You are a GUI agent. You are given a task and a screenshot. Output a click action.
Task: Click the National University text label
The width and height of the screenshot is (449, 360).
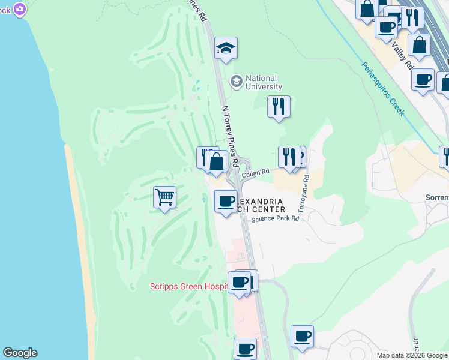[261, 82]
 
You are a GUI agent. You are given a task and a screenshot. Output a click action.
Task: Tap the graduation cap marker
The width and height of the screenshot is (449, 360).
[226, 49]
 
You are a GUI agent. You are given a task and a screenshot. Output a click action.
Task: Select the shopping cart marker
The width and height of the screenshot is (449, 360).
[164, 197]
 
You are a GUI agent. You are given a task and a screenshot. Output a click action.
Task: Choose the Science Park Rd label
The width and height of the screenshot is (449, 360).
[275, 219]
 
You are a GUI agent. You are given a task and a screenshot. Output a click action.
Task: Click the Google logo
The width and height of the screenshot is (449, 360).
[20, 353]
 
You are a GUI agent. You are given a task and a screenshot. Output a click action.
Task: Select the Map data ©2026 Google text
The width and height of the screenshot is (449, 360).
[412, 355]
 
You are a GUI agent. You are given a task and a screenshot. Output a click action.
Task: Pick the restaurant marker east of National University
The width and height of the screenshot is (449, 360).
[279, 107]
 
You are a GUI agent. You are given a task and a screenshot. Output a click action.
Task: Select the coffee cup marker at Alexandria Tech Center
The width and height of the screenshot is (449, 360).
[226, 201]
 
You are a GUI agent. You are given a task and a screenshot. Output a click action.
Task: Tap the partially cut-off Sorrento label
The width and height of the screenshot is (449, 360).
[437, 197]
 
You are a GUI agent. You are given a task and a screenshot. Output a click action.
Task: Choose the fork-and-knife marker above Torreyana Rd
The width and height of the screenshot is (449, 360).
[289, 157]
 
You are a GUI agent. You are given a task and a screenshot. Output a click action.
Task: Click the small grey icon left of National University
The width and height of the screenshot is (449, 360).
[236, 80]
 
